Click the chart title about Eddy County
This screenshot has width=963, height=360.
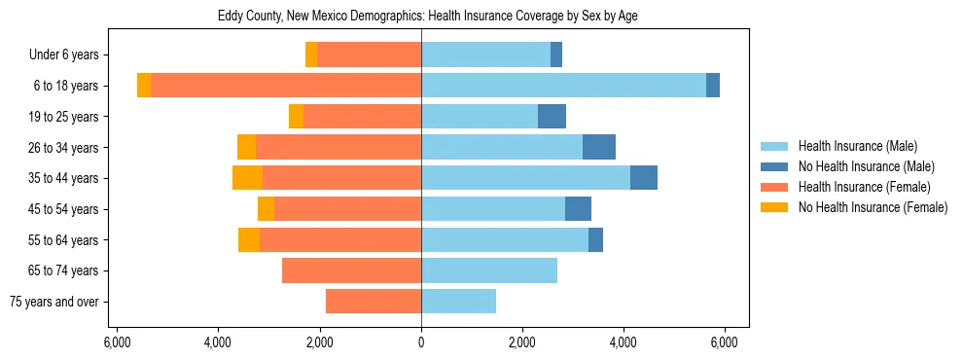coord(421,17)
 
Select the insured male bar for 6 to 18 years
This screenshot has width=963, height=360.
coord(563,86)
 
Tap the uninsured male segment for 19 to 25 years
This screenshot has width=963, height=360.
coord(552,117)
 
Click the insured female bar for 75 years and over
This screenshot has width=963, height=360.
coord(374,302)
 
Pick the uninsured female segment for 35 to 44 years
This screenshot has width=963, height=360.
coord(247,178)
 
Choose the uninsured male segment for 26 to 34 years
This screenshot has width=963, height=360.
coord(599,147)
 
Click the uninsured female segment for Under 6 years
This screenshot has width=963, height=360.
coord(311,55)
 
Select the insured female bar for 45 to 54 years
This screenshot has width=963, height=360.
coord(347,209)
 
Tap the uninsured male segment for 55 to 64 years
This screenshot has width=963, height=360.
coord(595,239)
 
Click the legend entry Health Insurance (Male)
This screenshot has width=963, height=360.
coord(857,146)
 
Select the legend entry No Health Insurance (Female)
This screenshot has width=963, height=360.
coord(873,207)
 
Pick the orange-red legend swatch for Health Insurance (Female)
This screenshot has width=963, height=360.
coord(774,187)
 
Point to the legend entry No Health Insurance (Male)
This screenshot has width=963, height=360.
coord(866,166)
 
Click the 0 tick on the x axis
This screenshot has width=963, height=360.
coord(421,342)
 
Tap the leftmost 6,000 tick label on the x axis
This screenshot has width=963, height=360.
coord(116,342)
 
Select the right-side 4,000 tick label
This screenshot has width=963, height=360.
coord(624,342)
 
